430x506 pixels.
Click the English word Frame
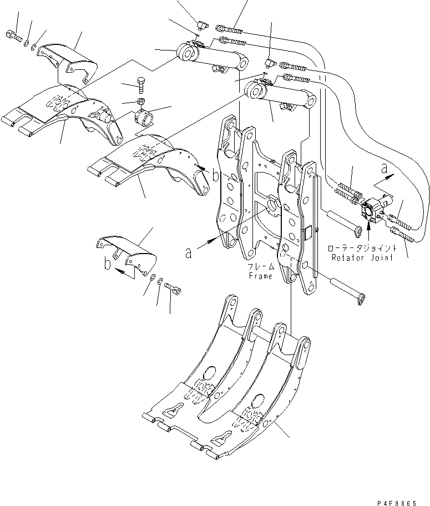click(260, 276)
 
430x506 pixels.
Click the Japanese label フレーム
click(260, 267)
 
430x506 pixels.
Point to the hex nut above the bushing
click(141, 102)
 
